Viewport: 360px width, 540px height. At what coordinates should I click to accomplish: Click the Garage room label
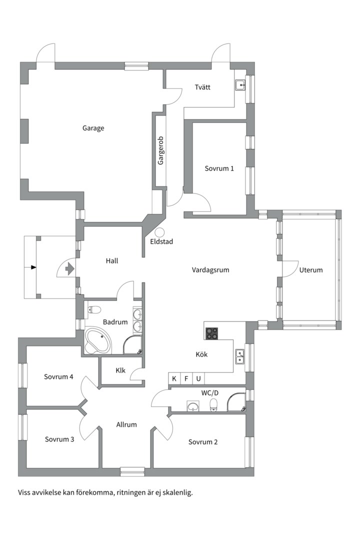tap(93, 128)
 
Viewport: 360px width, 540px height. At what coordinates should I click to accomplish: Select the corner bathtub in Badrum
tap(98, 341)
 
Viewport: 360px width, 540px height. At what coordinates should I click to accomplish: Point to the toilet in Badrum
tap(93, 309)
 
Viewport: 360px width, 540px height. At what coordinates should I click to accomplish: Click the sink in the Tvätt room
tap(240, 84)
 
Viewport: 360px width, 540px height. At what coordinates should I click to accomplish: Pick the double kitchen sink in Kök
tap(240, 356)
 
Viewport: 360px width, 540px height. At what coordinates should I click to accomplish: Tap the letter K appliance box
tap(174, 379)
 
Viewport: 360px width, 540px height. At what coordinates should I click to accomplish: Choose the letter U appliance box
tap(198, 379)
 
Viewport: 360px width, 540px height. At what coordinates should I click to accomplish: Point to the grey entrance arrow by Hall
tap(70, 268)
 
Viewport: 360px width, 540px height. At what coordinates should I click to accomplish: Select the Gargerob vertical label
tap(160, 150)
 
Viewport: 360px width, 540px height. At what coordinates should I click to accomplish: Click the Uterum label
tap(310, 270)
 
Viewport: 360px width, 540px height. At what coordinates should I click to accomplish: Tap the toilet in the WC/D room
tap(214, 405)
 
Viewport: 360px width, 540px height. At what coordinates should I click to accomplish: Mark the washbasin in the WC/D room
tap(193, 406)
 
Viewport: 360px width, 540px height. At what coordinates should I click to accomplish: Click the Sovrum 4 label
tap(58, 377)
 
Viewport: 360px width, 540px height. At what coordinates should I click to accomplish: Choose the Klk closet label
tap(120, 370)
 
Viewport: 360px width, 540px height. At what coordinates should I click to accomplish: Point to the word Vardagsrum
tap(210, 270)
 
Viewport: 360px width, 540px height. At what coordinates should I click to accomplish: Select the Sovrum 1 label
tap(219, 168)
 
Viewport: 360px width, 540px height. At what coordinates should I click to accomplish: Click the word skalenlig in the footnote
tap(177, 493)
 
